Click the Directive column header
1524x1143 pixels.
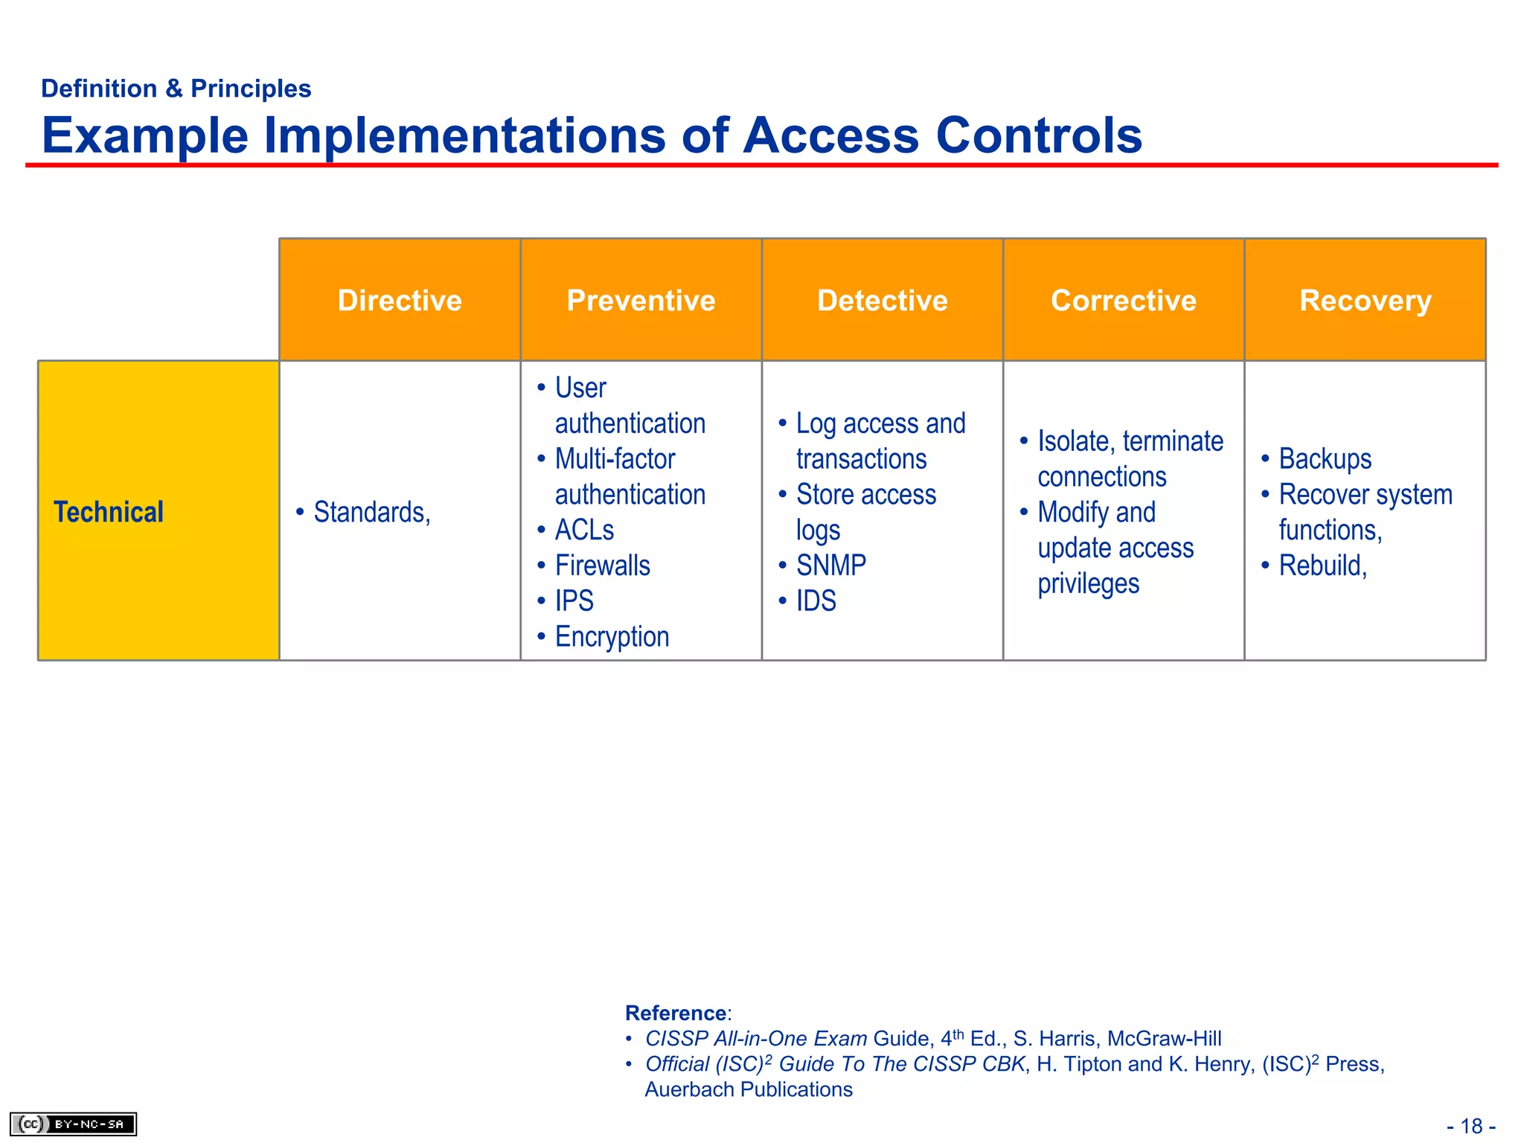(x=400, y=301)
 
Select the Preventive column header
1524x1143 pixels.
(x=641, y=301)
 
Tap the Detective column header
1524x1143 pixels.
(x=883, y=301)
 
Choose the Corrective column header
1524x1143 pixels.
(x=1124, y=301)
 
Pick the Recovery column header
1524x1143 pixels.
(x=1365, y=301)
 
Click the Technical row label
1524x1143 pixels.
(x=109, y=512)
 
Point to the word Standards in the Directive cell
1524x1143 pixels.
(x=369, y=512)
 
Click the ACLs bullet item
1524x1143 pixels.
(x=584, y=530)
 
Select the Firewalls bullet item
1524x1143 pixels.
(x=602, y=566)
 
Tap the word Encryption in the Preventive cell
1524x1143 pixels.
(x=612, y=637)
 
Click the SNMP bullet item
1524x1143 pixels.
(x=830, y=566)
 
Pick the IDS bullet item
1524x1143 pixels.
(x=816, y=601)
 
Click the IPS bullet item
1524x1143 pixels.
(x=574, y=601)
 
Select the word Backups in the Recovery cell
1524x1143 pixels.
(x=1325, y=458)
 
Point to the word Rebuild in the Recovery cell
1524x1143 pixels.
(x=1320, y=566)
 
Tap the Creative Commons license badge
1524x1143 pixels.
(x=73, y=1124)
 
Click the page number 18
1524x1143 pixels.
(x=1471, y=1126)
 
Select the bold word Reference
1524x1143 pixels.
(x=676, y=1013)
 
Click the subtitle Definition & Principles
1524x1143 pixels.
(x=176, y=89)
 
